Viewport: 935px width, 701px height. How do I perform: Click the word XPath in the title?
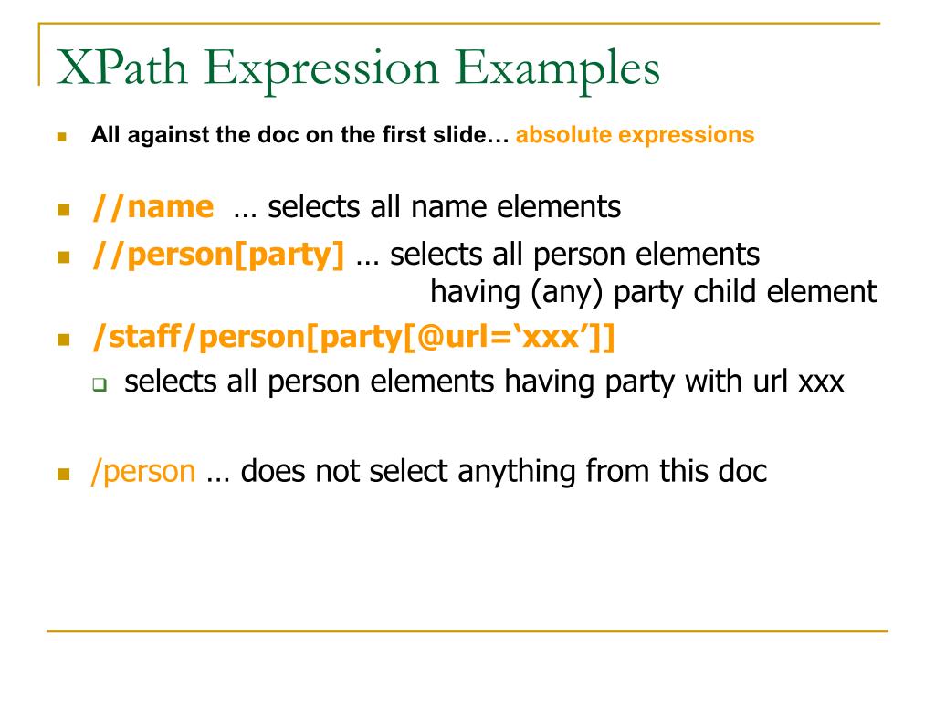pyautogui.click(x=122, y=69)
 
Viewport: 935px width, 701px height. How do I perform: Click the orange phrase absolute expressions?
pyautogui.click(x=636, y=135)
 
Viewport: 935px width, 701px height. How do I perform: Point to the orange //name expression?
pyautogui.click(x=152, y=207)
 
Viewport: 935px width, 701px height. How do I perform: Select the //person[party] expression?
pyautogui.click(x=218, y=255)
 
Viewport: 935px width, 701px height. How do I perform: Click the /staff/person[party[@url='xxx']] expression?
pyautogui.click(x=353, y=339)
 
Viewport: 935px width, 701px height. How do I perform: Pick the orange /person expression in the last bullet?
pyautogui.click(x=143, y=471)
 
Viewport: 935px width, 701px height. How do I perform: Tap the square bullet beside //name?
pyautogui.click(x=63, y=210)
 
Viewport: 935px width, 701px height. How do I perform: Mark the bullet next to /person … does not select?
pyautogui.click(x=63, y=475)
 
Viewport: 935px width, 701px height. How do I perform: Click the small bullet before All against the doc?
pyautogui.click(x=62, y=138)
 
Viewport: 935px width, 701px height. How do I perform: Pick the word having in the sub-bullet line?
pyautogui.click(x=551, y=381)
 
